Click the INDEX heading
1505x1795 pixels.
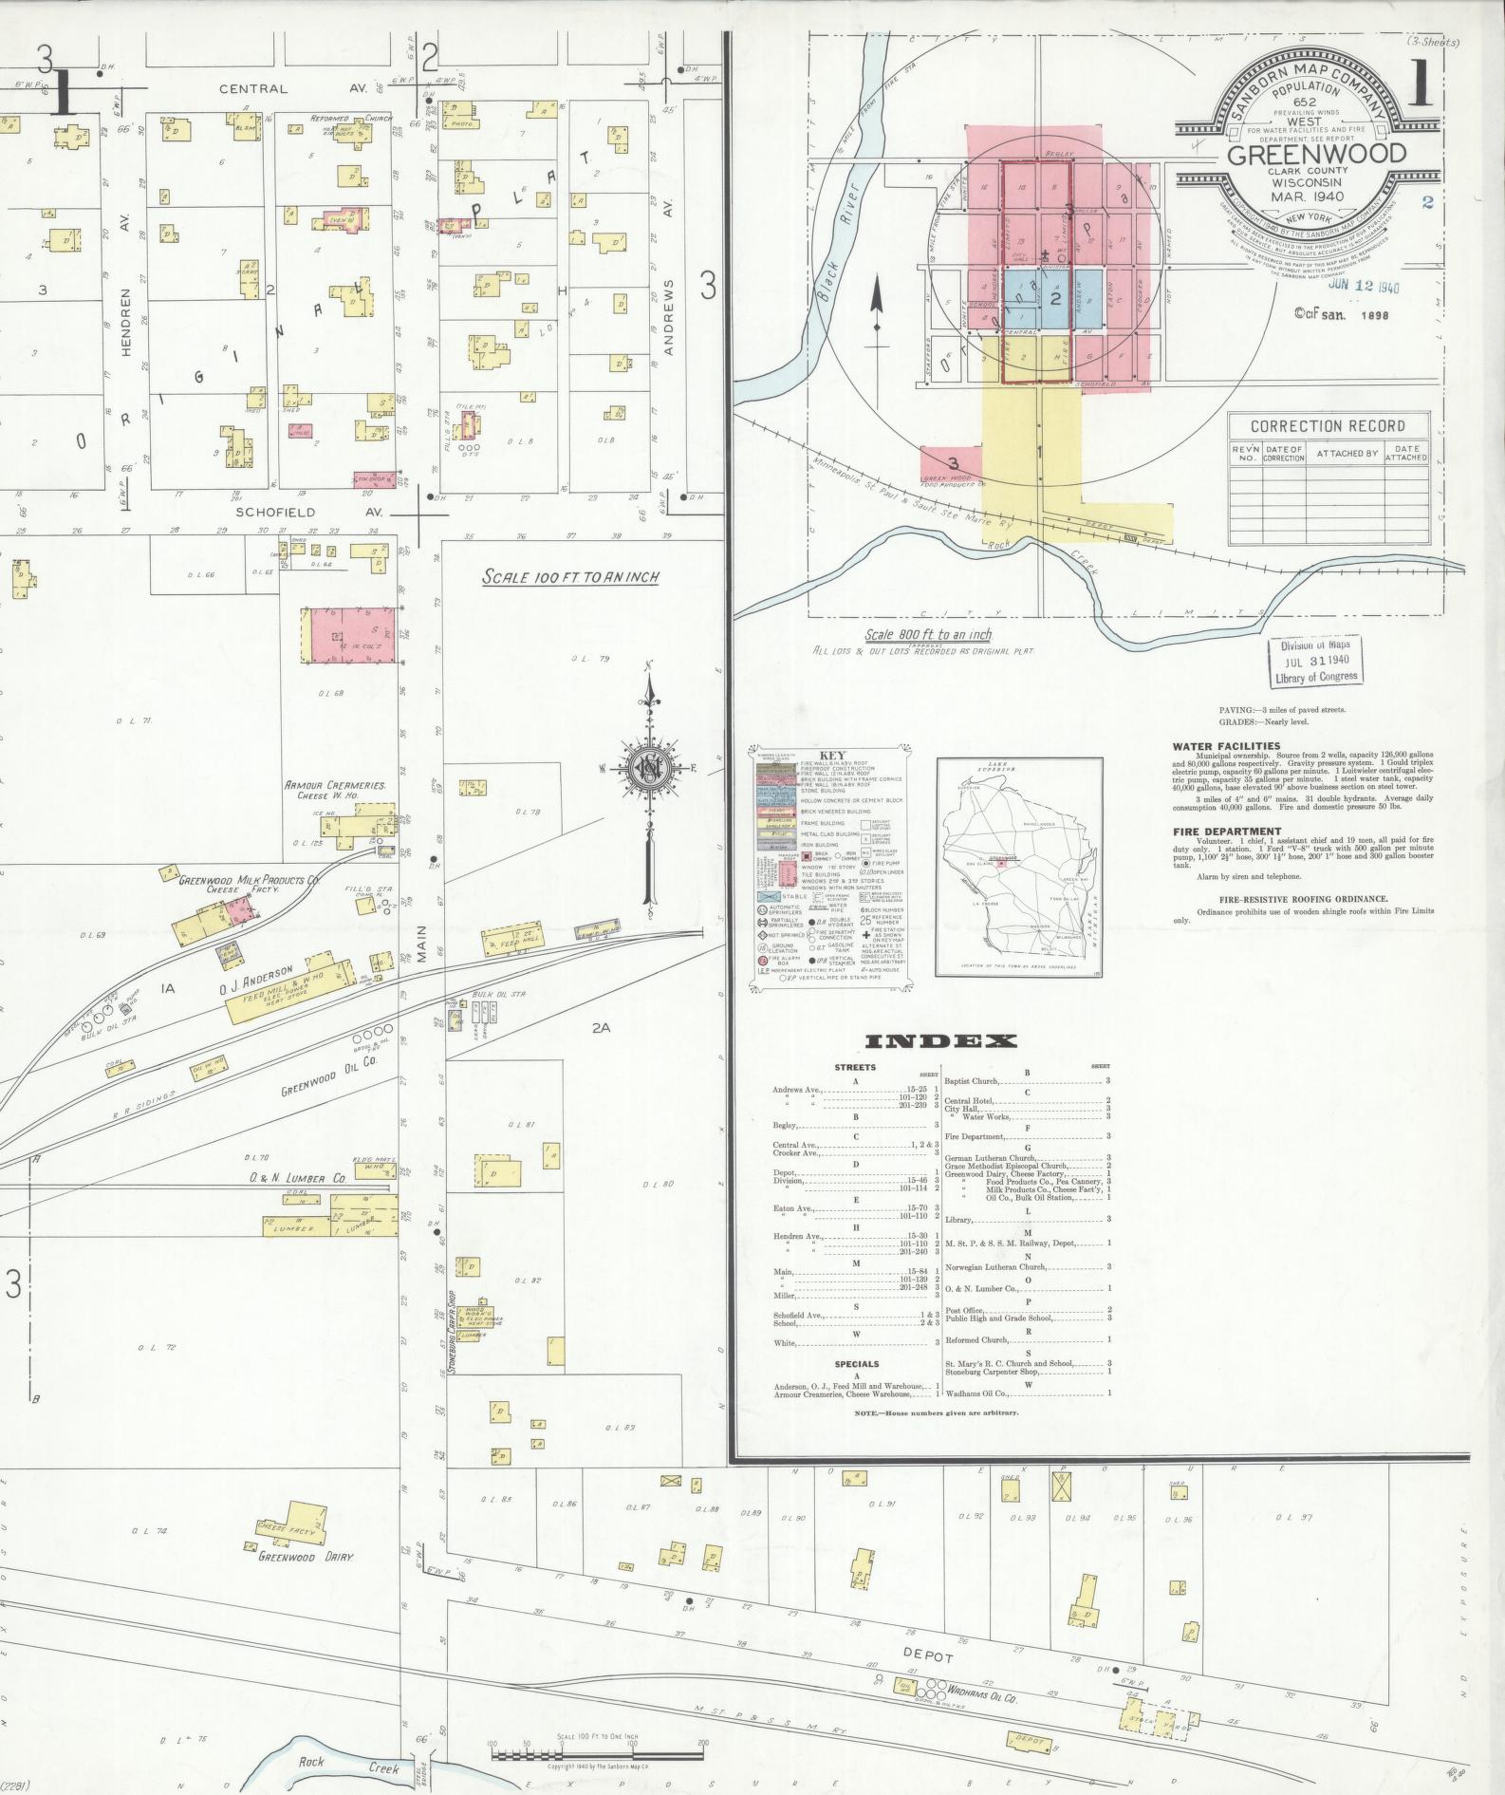(940, 1041)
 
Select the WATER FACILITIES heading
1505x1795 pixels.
(1226, 746)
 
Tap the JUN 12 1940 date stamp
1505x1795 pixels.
(1365, 286)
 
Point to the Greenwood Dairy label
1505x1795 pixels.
(306, 1558)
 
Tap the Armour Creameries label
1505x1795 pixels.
(334, 786)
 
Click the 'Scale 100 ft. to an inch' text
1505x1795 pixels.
(570, 576)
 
